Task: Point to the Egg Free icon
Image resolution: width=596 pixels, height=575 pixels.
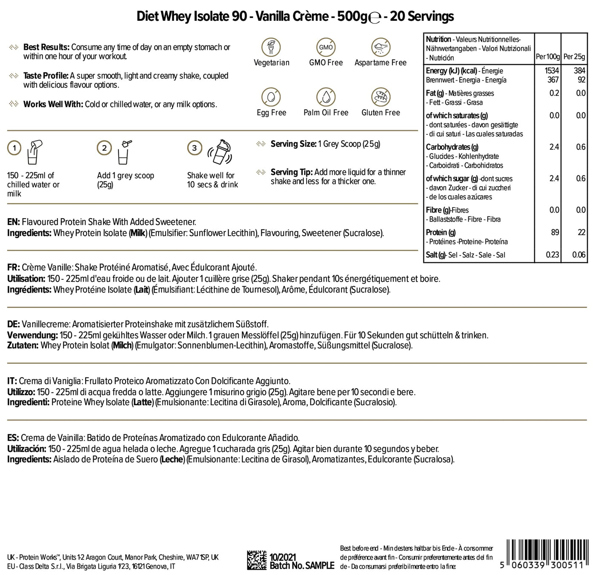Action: pyautogui.click(x=271, y=97)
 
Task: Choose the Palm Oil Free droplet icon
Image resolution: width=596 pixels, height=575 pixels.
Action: pyautogui.click(x=326, y=97)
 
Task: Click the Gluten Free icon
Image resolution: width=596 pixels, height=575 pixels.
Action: pyautogui.click(x=381, y=97)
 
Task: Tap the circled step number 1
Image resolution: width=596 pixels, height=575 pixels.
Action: pyautogui.click(x=14, y=148)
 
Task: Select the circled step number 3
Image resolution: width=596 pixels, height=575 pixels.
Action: pyautogui.click(x=195, y=148)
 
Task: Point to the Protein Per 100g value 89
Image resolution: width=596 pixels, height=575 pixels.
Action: pyautogui.click(x=554, y=232)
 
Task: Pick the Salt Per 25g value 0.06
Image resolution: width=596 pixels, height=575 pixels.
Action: pyautogui.click(x=578, y=255)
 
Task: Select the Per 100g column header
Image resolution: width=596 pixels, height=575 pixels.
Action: pyautogui.click(x=547, y=57)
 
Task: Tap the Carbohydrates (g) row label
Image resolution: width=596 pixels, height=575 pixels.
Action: pyautogui.click(x=448, y=147)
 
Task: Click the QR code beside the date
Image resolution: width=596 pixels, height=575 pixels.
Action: pyautogui.click(x=257, y=560)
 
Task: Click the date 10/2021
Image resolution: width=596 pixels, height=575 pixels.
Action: pyautogui.click(x=283, y=557)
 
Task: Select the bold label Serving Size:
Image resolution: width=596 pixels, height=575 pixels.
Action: pyautogui.click(x=293, y=144)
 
